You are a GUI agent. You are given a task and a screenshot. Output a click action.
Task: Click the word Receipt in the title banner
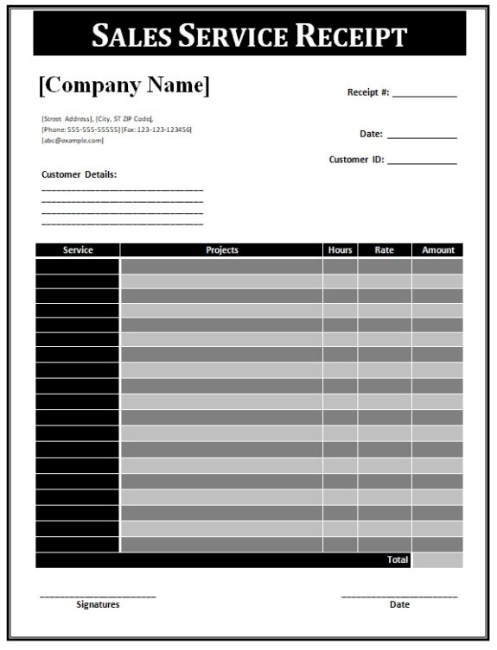tap(352, 35)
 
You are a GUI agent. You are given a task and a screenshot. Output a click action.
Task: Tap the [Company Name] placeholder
tap(124, 85)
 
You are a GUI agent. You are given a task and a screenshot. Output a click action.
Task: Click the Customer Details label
tap(79, 174)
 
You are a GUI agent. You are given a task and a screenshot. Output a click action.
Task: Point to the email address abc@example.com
tap(73, 141)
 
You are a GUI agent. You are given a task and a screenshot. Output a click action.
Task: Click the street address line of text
tap(97, 118)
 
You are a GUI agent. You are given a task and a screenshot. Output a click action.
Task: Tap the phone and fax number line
tap(117, 129)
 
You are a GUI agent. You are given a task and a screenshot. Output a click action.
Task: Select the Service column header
tap(78, 250)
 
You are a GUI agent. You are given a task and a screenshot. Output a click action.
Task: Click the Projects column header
tap(222, 250)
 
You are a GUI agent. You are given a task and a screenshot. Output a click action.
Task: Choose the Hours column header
tap(341, 250)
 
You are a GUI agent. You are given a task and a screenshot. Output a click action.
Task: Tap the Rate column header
tap(385, 250)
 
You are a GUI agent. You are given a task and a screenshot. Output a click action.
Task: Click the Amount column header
tap(438, 250)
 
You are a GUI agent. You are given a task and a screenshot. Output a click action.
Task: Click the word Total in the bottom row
tap(398, 560)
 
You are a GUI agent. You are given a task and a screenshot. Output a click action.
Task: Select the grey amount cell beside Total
tap(437, 560)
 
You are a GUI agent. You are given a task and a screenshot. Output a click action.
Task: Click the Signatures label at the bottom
tap(98, 605)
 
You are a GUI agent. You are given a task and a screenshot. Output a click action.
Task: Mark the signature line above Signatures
tap(98, 596)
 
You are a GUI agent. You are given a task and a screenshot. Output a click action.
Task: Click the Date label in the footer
tap(399, 605)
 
